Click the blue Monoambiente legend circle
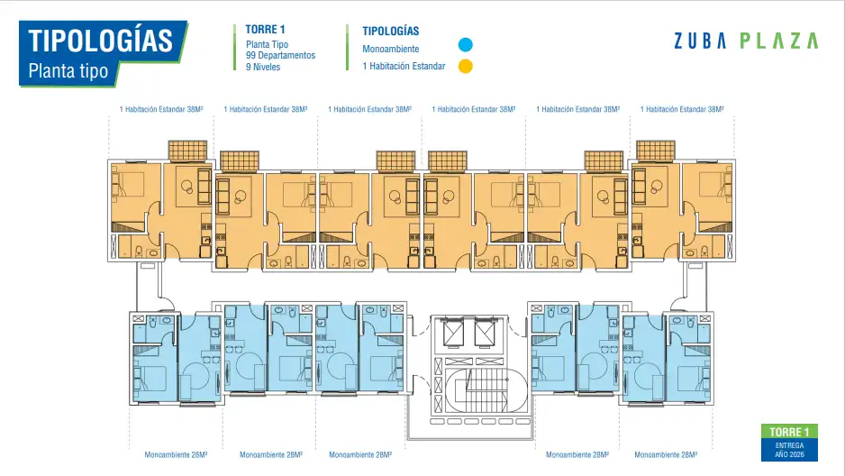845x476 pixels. tap(465, 45)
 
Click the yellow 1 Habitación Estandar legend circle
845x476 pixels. tap(465, 67)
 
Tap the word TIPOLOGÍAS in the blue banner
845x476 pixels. tap(100, 41)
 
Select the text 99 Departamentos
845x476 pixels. tap(280, 56)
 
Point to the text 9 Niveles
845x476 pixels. tap(263, 68)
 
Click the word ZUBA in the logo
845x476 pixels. tap(700, 41)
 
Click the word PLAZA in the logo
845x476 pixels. tap(778, 41)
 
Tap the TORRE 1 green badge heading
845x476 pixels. tap(789, 432)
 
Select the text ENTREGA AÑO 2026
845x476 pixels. tap(789, 450)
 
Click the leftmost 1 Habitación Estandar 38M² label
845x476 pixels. tap(161, 109)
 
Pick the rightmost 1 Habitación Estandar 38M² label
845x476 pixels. tap(682, 109)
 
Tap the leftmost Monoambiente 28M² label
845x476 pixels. tap(176, 455)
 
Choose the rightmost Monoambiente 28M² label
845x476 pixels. tap(666, 455)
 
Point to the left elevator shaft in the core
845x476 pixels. tap(453, 333)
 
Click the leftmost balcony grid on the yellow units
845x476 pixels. tap(187, 151)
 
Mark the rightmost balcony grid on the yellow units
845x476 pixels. tap(655, 151)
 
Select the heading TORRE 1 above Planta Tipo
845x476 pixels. tap(265, 30)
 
